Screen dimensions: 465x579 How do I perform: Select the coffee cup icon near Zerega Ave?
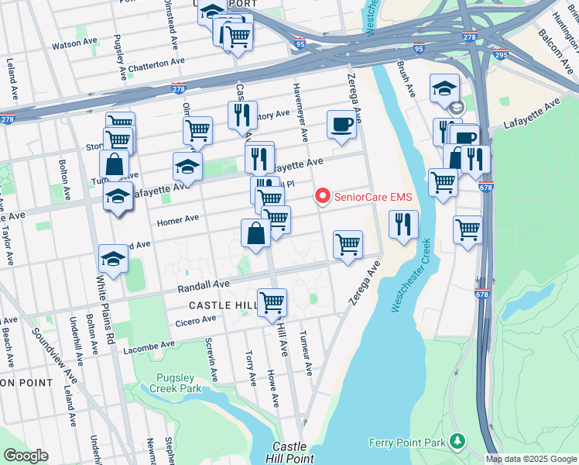341,125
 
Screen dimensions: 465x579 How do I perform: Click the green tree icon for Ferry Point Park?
458,441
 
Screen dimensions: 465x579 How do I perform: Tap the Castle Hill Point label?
288,453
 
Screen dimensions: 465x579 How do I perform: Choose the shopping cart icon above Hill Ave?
272,302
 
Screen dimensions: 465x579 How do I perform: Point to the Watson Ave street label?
72,46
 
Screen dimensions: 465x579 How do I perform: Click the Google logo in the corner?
26,456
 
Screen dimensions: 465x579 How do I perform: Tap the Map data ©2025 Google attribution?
530,459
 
